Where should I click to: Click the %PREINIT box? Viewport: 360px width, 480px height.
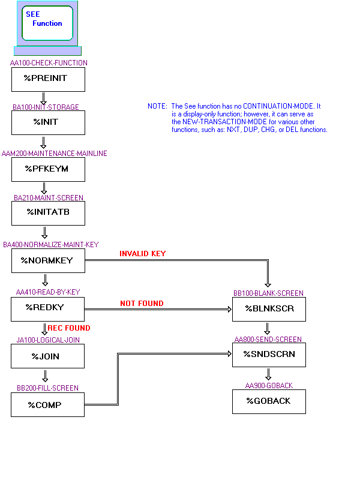48,79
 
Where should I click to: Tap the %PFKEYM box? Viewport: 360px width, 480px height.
48,169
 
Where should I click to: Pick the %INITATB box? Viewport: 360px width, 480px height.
48,213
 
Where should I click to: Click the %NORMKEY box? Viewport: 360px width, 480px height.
48,260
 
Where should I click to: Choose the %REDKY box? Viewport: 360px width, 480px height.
48,308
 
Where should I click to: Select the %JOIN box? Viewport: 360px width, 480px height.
48,356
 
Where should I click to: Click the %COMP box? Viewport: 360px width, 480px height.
48,404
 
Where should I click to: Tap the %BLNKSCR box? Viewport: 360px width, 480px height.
269,308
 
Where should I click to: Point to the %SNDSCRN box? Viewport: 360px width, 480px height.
269,355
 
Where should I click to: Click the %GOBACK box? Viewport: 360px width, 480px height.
269,401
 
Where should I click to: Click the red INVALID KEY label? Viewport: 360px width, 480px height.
142,254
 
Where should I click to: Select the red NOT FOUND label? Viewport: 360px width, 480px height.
142,304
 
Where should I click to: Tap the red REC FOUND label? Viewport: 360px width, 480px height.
69,328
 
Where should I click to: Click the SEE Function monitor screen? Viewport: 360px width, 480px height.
47,23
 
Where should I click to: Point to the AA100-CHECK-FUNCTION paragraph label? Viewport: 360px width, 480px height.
49,63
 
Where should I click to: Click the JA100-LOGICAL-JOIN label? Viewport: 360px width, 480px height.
48,340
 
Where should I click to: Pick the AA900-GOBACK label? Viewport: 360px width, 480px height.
269,386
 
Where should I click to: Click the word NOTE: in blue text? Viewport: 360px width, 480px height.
157,106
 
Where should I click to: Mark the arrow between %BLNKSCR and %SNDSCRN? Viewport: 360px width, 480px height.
268,328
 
